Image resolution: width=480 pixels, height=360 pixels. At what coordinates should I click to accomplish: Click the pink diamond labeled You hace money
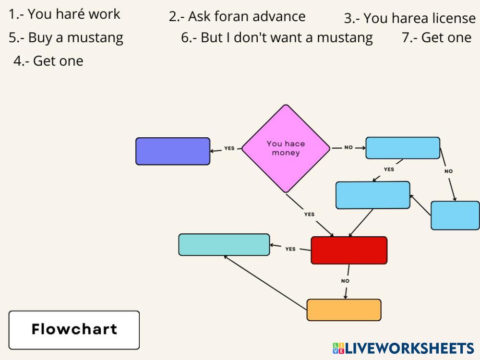[x=286, y=148]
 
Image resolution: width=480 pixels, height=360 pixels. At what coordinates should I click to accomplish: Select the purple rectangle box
[x=173, y=151]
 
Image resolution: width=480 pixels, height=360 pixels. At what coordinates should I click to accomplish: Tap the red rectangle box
[x=349, y=250]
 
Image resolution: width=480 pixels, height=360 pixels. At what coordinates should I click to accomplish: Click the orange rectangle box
[x=344, y=310]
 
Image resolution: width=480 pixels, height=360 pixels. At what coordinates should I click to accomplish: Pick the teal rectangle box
[x=224, y=244]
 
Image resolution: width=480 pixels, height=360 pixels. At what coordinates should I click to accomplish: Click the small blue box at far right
[x=455, y=216]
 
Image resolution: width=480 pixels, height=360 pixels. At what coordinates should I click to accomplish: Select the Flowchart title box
[x=74, y=330]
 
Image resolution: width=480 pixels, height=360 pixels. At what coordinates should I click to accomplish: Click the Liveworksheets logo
[x=403, y=348]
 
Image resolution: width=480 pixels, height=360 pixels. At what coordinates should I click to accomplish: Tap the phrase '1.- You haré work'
[x=64, y=14]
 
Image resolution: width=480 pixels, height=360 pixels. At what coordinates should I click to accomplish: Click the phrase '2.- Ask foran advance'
[x=237, y=16]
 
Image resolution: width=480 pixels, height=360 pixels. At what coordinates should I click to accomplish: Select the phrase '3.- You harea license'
[x=409, y=19]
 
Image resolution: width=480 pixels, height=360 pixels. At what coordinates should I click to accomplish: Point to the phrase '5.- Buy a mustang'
[x=66, y=37]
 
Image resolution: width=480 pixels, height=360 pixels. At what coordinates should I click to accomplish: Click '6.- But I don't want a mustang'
[x=277, y=37]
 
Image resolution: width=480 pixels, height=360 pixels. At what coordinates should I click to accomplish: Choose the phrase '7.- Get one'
[x=436, y=37]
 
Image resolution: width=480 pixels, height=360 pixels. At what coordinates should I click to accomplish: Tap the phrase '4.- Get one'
[x=48, y=61]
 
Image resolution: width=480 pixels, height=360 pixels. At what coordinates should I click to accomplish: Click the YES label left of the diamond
[x=229, y=148]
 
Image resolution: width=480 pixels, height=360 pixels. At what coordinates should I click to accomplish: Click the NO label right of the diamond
[x=348, y=147]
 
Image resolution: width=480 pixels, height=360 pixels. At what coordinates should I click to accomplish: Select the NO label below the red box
[x=345, y=281]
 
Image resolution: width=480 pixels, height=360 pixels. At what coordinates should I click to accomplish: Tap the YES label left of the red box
[x=290, y=249]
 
